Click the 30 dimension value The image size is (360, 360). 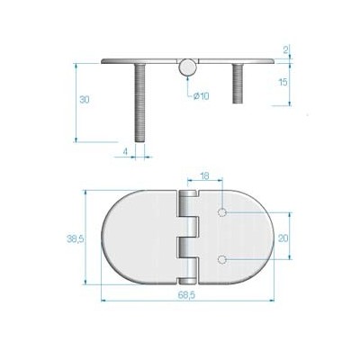(x=83, y=100)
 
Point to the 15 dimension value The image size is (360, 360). (x=283, y=83)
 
